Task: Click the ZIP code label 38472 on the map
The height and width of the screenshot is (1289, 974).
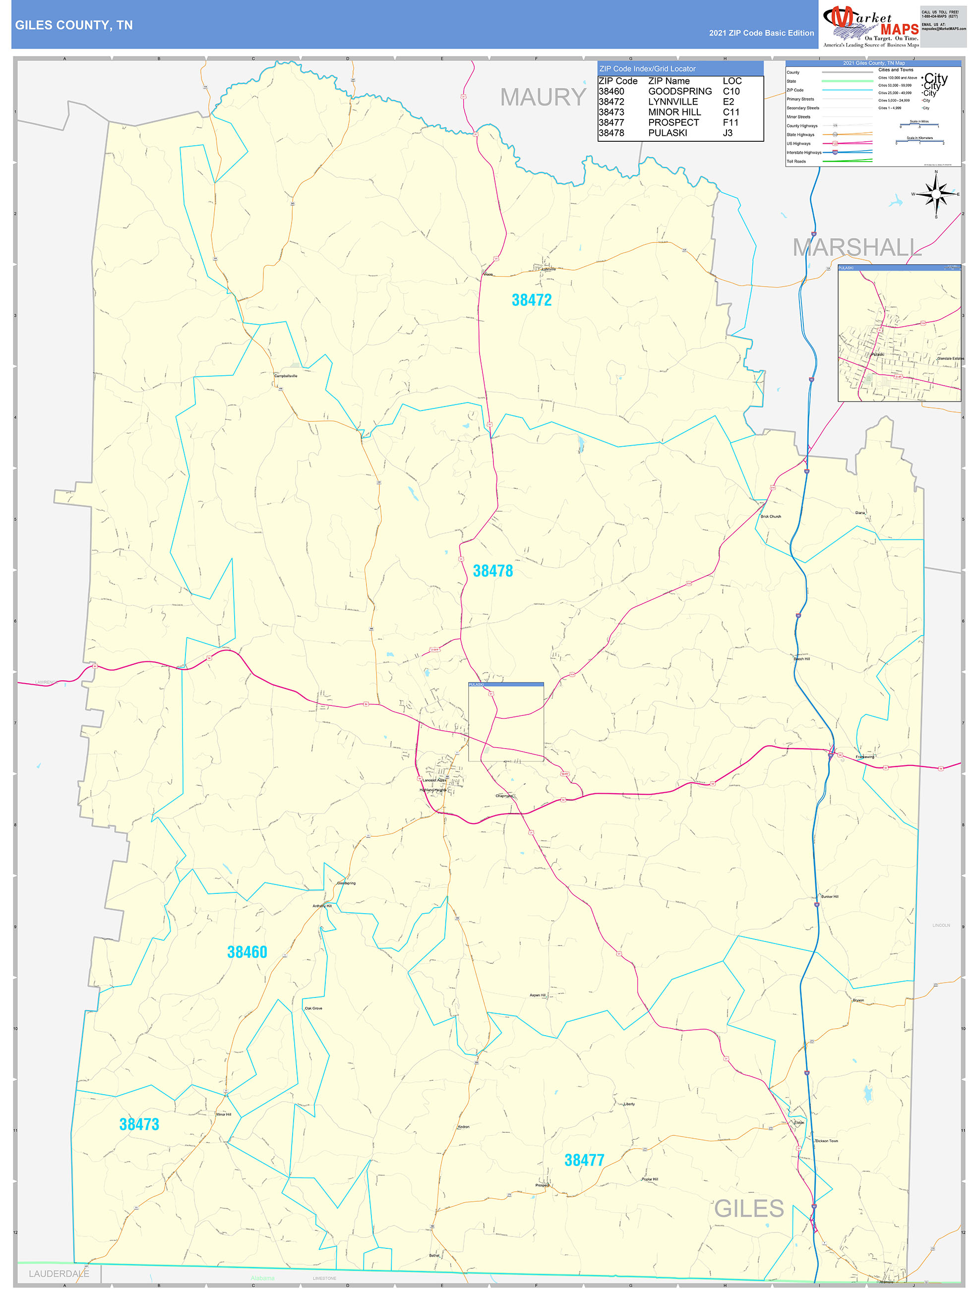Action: point(531,300)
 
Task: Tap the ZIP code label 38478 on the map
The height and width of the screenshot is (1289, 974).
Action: point(492,571)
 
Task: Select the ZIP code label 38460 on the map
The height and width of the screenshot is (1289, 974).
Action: point(246,952)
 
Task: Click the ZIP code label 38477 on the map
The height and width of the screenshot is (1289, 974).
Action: point(584,1160)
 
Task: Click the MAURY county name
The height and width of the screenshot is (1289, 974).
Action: point(543,97)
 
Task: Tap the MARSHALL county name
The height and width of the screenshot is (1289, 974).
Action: point(856,248)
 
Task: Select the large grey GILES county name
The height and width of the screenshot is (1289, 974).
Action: point(748,1209)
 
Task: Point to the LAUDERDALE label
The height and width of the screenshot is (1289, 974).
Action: point(59,1274)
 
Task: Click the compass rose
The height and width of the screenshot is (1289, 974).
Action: point(936,194)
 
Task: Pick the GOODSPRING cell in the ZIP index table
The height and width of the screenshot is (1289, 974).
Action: point(679,92)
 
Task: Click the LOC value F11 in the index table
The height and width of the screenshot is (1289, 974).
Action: point(730,122)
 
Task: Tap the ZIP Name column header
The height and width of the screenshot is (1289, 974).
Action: point(669,81)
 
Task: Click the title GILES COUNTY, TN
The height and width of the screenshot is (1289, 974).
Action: point(74,25)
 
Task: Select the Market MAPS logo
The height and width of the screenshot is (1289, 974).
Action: point(870,26)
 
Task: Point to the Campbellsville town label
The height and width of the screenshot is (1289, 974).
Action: point(286,376)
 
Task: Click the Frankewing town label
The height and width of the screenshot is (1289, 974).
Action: point(864,757)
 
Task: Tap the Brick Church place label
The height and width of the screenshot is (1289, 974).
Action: point(771,516)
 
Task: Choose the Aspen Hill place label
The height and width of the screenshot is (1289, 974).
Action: point(538,996)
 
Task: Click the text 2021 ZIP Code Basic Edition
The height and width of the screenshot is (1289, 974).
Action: point(761,33)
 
